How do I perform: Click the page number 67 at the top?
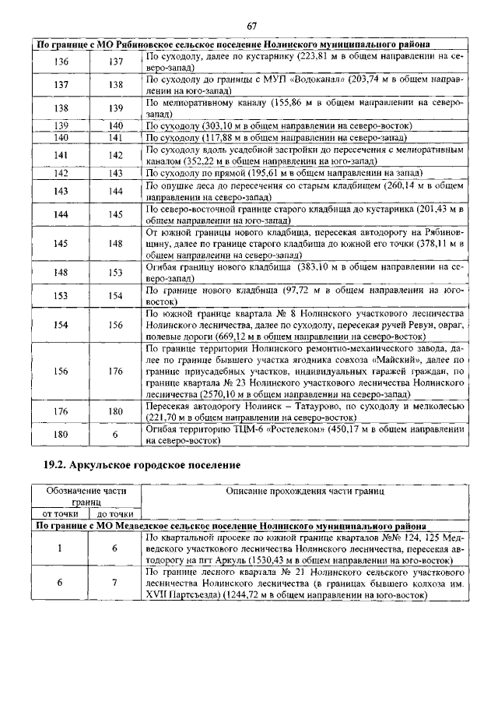pyautogui.click(x=252, y=26)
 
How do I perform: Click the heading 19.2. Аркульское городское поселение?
pyautogui.click(x=141, y=465)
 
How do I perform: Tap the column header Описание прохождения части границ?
pyautogui.click(x=304, y=491)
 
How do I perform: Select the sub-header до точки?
pyautogui.click(x=115, y=514)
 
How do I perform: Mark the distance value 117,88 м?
pyautogui.click(x=233, y=137)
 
